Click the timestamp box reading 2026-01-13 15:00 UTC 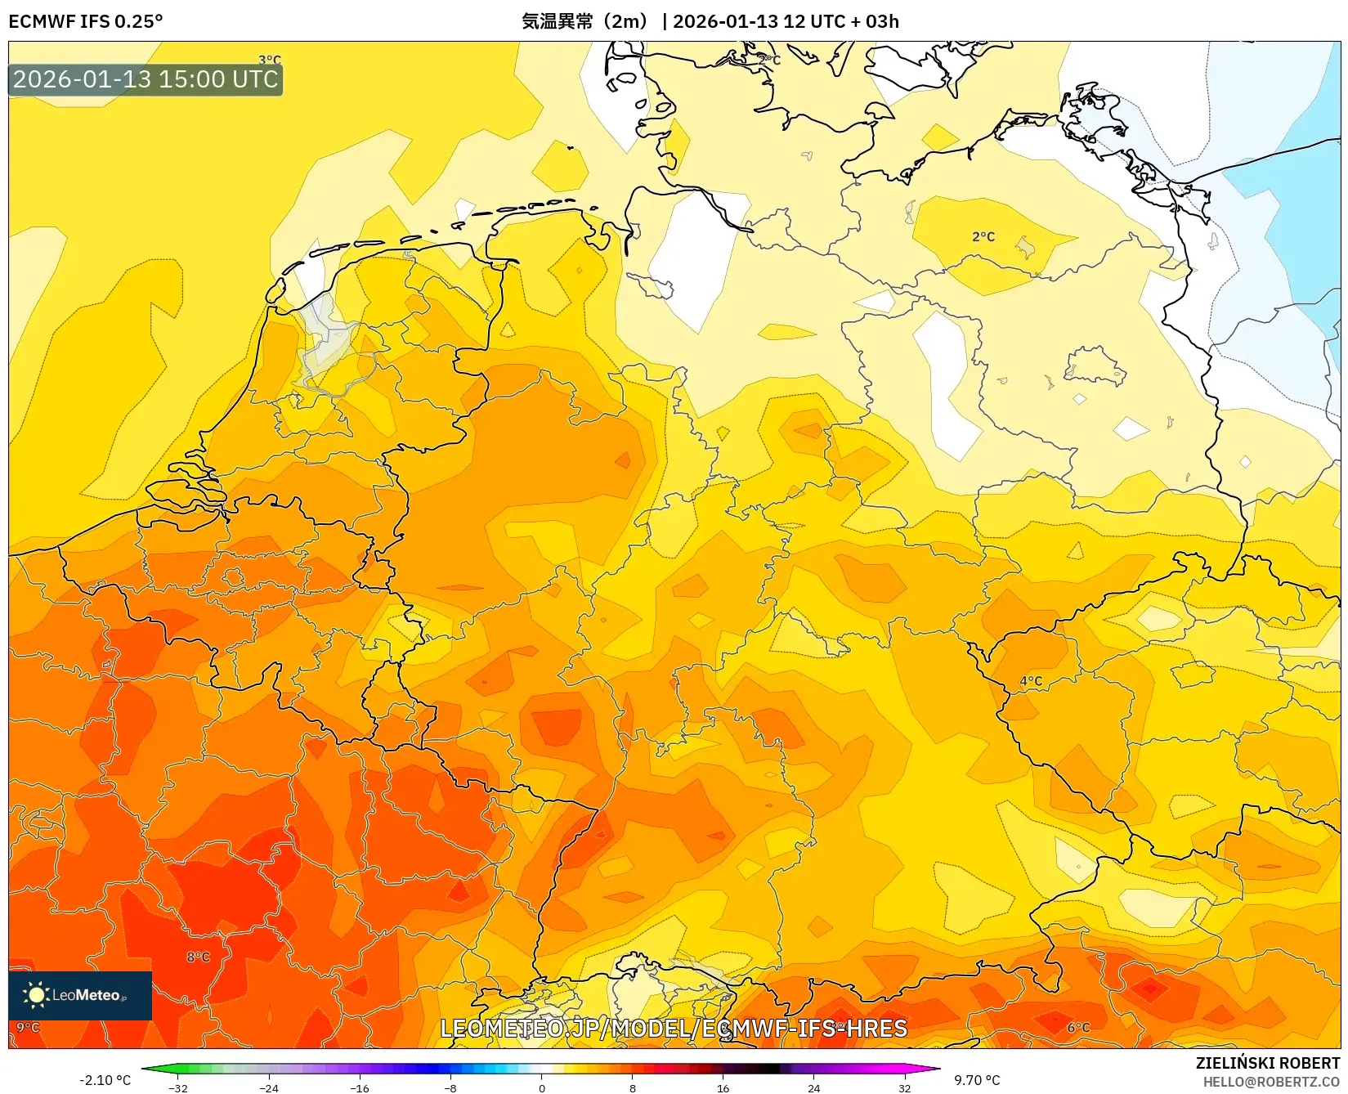[146, 79]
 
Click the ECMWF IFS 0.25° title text [86, 21]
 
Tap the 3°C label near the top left [270, 60]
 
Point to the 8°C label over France [198, 957]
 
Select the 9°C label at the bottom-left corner [28, 1027]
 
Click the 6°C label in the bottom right [1078, 1027]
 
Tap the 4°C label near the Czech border [1031, 680]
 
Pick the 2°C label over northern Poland [983, 236]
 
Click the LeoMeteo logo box [80, 995]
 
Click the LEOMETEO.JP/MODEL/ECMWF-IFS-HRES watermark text [674, 1028]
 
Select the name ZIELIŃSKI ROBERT [1268, 1063]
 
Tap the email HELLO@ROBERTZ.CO [1271, 1082]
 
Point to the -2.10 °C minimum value [105, 1080]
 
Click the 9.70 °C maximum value [977, 1080]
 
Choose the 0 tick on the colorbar [541, 1087]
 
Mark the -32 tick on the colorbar [178, 1087]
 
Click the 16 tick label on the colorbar [723, 1087]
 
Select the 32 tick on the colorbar [904, 1087]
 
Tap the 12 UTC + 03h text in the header [841, 21]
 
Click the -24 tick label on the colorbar [269, 1087]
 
